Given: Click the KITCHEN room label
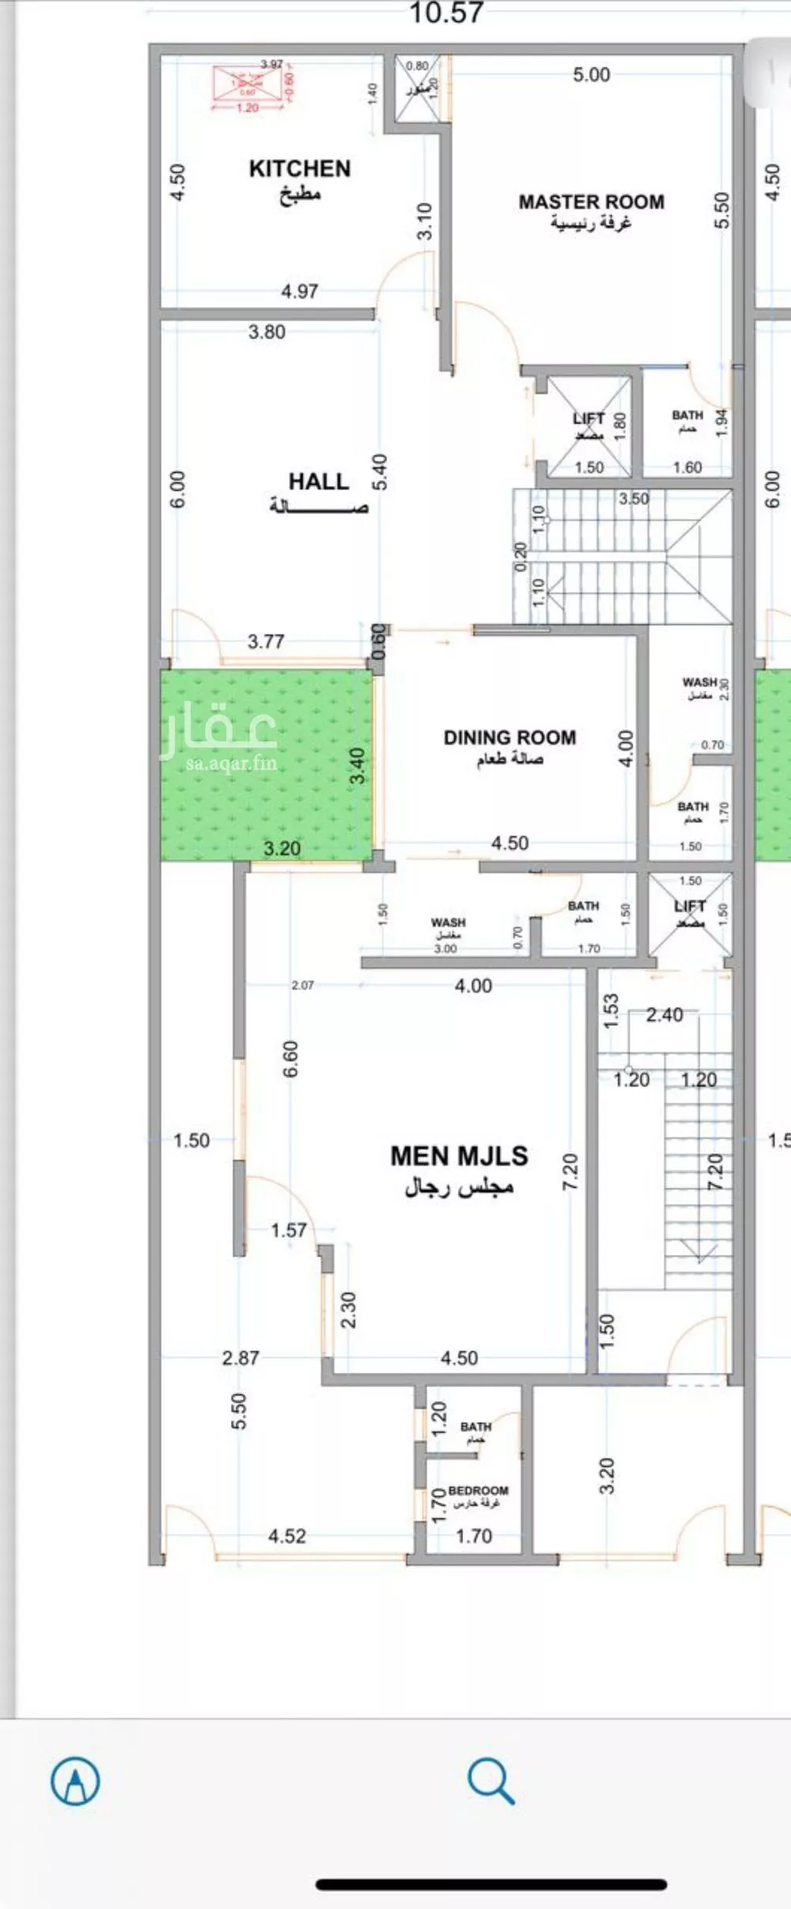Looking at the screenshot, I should (299, 169).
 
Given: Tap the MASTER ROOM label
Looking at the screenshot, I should (591, 203).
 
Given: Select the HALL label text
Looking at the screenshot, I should (318, 481).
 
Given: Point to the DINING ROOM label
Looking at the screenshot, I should (509, 737).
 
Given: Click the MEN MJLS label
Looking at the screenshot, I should (459, 1156).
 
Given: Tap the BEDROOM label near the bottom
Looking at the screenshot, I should (478, 1490).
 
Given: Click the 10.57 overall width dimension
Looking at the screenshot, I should (446, 13).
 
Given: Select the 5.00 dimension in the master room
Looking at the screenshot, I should (592, 75).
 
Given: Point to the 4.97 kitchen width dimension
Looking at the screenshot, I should (300, 291).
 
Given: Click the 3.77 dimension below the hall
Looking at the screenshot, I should (266, 642).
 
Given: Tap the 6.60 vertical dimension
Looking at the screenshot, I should (291, 1059).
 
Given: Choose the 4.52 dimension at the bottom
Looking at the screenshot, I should (286, 1536).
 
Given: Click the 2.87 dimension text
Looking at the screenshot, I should (240, 1358).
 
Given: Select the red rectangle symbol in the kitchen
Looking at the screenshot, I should (248, 82).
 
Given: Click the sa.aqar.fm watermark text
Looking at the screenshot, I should (232, 763).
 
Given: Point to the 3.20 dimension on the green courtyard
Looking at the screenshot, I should (282, 849).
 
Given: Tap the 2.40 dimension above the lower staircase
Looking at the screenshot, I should (664, 1015).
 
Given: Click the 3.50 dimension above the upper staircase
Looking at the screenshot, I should (634, 498).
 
